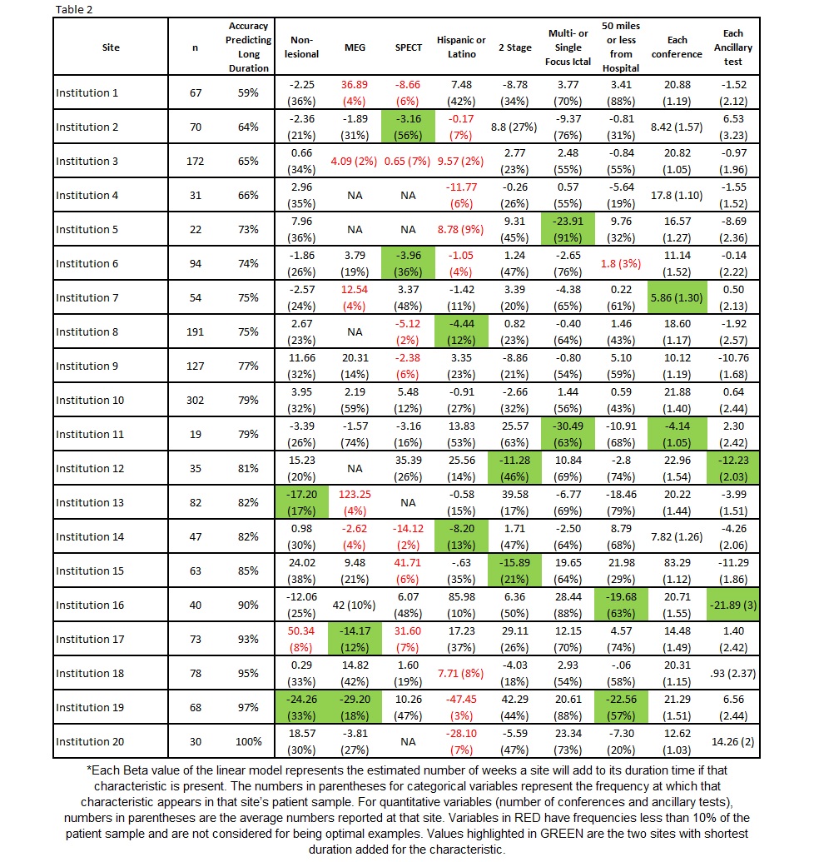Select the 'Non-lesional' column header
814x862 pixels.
pyautogui.click(x=304, y=47)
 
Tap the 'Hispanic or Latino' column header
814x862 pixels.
pyautogui.click(x=461, y=47)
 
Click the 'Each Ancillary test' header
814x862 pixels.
pyautogui.click(x=733, y=47)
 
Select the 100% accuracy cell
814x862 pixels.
pyautogui.click(x=248, y=741)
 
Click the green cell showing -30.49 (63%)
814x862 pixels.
pyautogui.click(x=569, y=434)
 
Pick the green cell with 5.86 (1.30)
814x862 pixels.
pyautogui.click(x=678, y=297)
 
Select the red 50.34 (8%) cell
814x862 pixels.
pyautogui.click(x=304, y=639)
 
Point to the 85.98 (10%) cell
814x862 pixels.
pyautogui.click(x=461, y=605)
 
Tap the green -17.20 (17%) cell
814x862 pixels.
pyautogui.click(x=304, y=502)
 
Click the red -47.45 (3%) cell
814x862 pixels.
pyautogui.click(x=461, y=707)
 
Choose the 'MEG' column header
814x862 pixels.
pyautogui.click(x=355, y=47)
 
